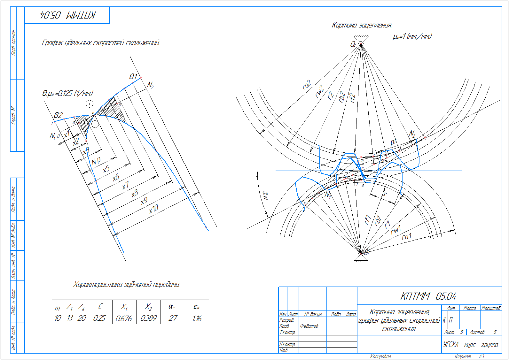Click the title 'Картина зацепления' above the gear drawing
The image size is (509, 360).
click(362, 25)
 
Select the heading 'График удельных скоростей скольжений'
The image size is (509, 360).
click(101, 43)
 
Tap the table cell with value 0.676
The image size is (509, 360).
click(124, 318)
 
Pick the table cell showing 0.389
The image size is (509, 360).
click(148, 318)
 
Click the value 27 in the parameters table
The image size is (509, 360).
click(173, 318)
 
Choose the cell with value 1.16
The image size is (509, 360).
click(197, 318)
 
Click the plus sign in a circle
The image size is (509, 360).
click(90, 104)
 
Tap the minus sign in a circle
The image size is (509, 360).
click(95, 124)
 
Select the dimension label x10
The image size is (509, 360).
click(153, 209)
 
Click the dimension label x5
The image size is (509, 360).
click(106, 169)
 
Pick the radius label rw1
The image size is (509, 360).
click(396, 230)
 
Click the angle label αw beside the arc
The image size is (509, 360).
click(265, 195)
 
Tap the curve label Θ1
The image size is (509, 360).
click(133, 77)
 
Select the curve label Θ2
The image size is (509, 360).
click(58, 115)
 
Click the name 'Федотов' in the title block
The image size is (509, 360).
click(309, 326)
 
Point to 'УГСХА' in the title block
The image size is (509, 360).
click(451, 344)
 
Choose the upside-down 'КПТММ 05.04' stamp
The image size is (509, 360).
click(67, 15)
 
